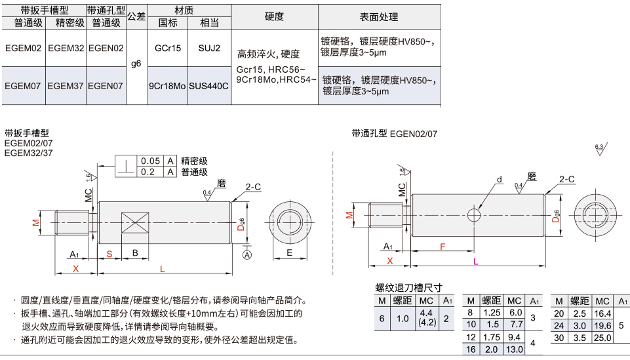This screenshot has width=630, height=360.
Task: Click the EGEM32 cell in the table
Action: pos(66,49)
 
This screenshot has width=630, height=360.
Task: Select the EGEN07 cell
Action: pos(106,86)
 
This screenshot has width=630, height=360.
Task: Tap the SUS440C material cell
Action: pos(209,86)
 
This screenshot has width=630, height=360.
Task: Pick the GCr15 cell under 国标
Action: pos(168,49)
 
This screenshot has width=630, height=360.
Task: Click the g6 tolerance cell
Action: pos(136,64)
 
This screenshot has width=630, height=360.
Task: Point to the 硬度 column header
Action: pos(275,16)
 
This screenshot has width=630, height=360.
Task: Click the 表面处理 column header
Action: pos(379,16)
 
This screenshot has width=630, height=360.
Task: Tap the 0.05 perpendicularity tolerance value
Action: pos(151,161)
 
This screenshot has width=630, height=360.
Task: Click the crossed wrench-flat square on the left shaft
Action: pos(135,223)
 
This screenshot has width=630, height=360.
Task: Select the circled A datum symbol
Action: pos(248,254)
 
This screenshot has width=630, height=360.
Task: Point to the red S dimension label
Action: pos(109,254)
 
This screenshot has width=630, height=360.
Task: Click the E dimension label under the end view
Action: pos(289,252)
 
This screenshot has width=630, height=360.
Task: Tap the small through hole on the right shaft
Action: pos(474,215)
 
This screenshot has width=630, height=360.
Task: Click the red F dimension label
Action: pos(443,247)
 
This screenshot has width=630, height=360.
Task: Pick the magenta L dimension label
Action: pos(476,262)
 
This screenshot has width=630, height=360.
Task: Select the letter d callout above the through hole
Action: pos(500,180)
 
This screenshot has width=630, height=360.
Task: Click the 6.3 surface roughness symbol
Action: pos(600,148)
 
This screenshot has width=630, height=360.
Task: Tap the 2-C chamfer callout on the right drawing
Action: pos(567,179)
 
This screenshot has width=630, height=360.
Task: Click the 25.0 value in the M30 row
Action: pos(602,338)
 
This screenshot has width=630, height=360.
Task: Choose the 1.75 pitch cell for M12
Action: pos(491,338)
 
